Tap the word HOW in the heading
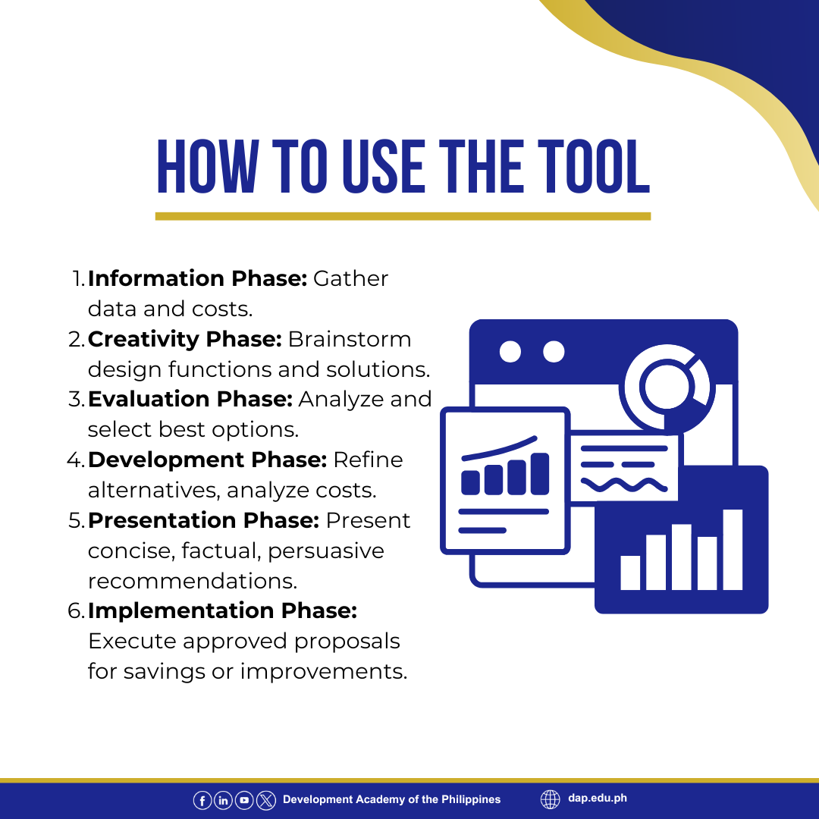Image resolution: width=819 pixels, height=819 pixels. [x=207, y=167]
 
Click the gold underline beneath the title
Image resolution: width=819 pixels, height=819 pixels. [x=403, y=216]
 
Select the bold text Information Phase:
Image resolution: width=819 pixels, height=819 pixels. [x=197, y=278]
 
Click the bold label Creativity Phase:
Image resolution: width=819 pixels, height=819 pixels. [x=185, y=340]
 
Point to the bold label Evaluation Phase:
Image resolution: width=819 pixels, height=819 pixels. [x=190, y=399]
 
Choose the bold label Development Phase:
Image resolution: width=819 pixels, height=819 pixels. [x=207, y=460]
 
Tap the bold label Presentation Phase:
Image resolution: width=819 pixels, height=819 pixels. [x=204, y=520]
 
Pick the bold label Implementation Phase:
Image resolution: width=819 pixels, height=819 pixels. [x=222, y=610]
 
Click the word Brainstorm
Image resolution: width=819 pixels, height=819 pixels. [x=350, y=340]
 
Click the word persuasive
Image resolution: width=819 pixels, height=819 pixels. [x=326, y=551]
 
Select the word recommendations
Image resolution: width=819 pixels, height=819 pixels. [x=192, y=581]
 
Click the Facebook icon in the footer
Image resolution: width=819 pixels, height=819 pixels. [x=202, y=800]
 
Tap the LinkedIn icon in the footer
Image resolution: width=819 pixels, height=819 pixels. [x=223, y=800]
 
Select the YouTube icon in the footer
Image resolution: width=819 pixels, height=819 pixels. [x=244, y=800]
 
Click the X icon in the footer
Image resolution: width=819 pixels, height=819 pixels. [x=266, y=800]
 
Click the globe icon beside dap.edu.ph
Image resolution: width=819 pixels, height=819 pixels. [x=550, y=799]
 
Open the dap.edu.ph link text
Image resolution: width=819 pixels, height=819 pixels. [x=598, y=798]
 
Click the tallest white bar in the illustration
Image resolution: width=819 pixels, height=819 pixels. [x=733, y=550]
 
